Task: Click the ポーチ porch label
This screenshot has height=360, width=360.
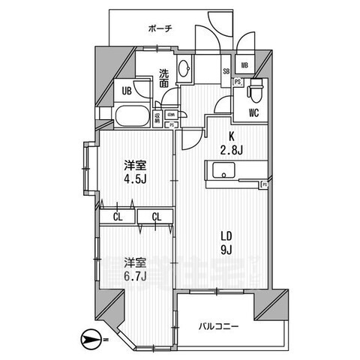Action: (160, 28)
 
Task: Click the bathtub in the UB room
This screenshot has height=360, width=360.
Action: (133, 117)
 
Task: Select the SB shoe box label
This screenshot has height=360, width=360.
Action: (226, 72)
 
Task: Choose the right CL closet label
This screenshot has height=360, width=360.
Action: (156, 217)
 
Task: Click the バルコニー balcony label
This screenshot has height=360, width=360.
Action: (220, 326)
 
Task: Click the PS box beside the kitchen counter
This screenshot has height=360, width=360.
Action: (264, 184)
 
